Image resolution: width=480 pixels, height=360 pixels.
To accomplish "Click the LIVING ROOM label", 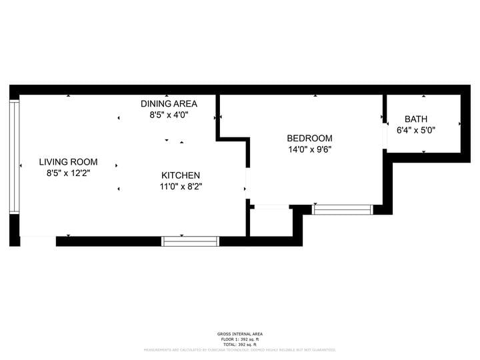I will [68, 162].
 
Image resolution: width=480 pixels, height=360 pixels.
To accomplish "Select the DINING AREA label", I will [169, 103].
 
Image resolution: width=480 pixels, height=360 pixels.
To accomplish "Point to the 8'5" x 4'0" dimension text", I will [169, 115].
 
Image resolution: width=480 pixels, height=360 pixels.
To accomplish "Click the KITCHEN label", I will [181, 175].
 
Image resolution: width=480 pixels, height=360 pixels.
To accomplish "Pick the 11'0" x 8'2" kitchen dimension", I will [181, 187].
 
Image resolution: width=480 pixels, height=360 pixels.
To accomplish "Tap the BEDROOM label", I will [309, 138].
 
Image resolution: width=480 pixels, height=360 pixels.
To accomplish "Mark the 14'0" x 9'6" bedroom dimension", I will [309, 149].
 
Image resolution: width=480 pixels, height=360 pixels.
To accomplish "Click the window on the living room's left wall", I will [14, 157].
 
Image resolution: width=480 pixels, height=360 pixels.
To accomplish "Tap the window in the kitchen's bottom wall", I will [191, 241].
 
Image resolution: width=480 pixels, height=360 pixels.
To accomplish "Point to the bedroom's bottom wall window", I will [343, 209].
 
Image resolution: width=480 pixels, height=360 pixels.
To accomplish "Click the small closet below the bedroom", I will [271, 223].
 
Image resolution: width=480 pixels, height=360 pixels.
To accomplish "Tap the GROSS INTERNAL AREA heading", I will [240, 334].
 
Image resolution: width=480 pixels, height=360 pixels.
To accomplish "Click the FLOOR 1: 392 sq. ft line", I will [240, 339].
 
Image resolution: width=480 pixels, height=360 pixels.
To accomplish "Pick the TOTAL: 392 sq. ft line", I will [240, 344].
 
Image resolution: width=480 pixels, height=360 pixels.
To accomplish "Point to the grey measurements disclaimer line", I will [240, 349].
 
